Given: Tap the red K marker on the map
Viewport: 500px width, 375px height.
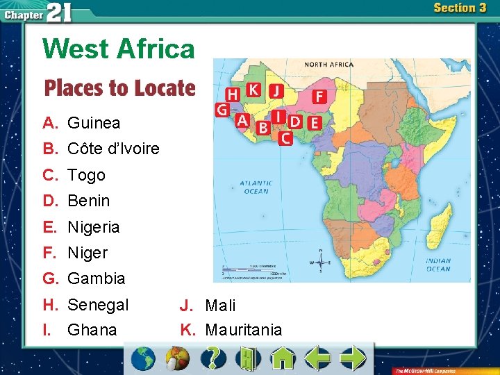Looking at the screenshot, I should [x=254, y=90].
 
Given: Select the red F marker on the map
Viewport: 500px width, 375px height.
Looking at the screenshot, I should [x=319, y=97].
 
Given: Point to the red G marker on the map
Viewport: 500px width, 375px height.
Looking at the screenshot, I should [x=222, y=110].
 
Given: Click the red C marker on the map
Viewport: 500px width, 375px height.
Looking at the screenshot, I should [x=285, y=137].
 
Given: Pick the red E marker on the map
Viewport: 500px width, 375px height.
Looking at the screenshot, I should [x=314, y=122].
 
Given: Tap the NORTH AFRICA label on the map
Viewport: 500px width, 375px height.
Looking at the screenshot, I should [x=329, y=65].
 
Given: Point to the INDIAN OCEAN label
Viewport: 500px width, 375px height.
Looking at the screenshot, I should [x=437, y=265].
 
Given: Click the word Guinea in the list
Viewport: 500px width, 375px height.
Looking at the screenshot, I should [x=94, y=123].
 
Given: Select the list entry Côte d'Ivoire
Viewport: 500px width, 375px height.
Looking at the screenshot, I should [x=113, y=149].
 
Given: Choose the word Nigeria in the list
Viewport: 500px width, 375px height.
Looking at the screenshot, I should [x=94, y=227].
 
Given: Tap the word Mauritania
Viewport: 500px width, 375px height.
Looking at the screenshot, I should [x=244, y=330].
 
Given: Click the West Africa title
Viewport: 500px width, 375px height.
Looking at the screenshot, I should [x=119, y=49].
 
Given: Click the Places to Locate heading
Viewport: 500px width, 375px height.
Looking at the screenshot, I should [x=119, y=88].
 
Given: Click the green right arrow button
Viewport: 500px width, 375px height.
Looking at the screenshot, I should [x=353, y=358].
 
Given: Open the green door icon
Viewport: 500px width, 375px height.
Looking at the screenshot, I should [x=248, y=358].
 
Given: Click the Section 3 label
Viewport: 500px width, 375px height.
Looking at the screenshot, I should [x=459, y=8].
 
